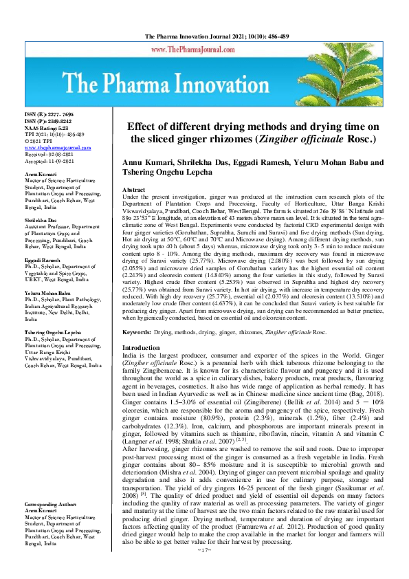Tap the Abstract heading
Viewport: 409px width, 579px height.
(133, 189)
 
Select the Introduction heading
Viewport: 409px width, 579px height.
(141, 349)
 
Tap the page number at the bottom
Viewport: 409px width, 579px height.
(204, 569)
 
